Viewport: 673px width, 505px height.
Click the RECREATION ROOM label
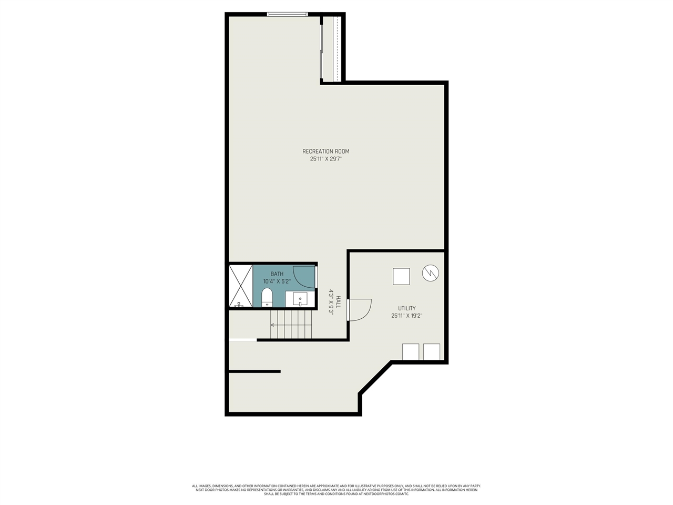click(325, 151)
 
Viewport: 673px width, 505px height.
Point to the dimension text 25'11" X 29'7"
click(325, 159)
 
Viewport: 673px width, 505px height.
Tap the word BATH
click(277, 274)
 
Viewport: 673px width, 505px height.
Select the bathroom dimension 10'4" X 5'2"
click(277, 281)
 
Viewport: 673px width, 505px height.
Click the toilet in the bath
click(267, 297)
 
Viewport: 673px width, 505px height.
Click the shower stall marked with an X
click(241, 287)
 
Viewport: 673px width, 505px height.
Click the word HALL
click(339, 301)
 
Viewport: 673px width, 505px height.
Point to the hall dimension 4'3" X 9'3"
click(332, 301)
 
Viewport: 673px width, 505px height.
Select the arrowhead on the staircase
click(272, 325)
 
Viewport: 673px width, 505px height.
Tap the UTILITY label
click(406, 308)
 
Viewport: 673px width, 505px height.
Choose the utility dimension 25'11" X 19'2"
click(406, 316)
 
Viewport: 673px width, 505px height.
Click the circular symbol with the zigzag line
click(430, 273)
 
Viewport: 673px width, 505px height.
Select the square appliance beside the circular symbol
click(401, 276)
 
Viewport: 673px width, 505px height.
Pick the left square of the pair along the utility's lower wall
click(411, 351)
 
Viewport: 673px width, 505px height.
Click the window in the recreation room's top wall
click(287, 14)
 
